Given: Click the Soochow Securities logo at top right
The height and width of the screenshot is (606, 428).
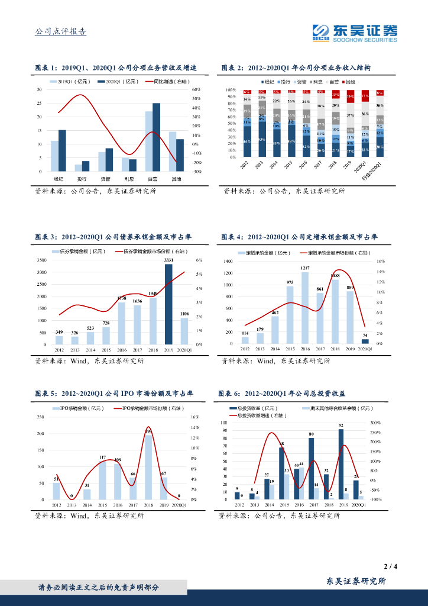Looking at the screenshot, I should tap(355, 33).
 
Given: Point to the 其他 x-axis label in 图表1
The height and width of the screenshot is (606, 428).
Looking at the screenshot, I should tap(176, 178).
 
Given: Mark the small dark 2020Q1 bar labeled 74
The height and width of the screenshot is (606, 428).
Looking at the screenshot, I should tap(365, 341).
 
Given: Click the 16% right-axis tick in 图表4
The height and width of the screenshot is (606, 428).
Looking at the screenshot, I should tap(381, 261).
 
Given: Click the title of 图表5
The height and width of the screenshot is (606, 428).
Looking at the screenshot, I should tap(114, 393).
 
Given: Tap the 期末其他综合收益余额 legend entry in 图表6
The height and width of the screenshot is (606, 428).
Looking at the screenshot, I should tap(339, 408).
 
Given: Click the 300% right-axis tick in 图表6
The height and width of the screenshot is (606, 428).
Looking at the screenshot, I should tap(375, 423).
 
